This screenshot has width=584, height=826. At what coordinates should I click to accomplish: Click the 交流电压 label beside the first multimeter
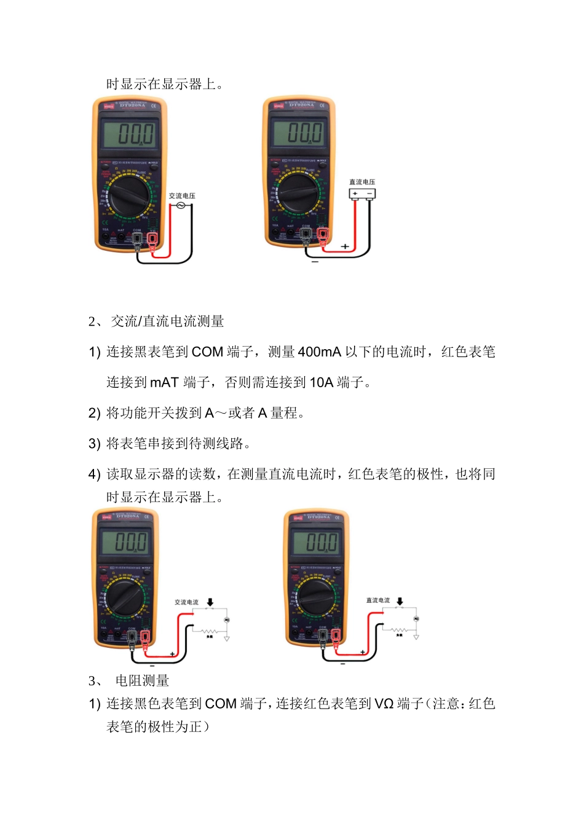[x=182, y=196]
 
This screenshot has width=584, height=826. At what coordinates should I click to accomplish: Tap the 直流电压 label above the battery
[x=362, y=182]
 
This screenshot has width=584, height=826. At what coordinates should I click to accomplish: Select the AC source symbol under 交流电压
[x=181, y=205]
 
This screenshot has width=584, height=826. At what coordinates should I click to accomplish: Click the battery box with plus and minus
[x=362, y=194]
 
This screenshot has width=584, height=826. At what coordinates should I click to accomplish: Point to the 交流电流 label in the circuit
[x=186, y=602]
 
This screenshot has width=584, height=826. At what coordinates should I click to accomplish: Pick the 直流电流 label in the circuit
[x=377, y=600]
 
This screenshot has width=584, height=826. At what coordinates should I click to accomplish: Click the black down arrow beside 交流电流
[x=210, y=602]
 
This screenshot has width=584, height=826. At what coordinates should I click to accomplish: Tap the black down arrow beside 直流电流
[x=400, y=601]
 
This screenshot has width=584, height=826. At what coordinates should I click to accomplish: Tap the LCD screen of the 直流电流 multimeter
[x=315, y=543]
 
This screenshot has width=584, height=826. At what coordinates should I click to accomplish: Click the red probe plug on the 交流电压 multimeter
[x=152, y=240]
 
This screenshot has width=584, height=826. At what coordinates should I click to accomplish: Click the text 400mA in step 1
[x=319, y=352]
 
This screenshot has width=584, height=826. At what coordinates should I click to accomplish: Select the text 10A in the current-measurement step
[x=321, y=383]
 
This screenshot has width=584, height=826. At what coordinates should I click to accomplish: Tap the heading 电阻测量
[x=142, y=681]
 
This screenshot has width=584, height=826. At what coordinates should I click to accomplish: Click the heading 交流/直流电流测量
[x=167, y=321]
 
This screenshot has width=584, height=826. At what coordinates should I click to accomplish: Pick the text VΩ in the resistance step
[x=384, y=704]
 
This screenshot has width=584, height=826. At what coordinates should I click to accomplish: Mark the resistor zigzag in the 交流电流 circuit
[x=210, y=631]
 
